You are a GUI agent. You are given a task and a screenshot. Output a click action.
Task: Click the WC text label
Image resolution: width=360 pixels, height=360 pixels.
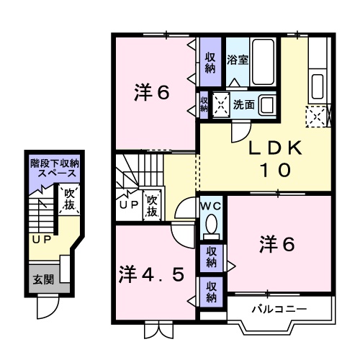click(211, 205)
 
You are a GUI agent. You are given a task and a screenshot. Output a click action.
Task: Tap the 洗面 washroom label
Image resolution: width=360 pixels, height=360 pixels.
click(243, 104)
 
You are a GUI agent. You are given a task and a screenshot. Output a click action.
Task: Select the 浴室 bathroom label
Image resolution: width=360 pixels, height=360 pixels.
click(238, 60)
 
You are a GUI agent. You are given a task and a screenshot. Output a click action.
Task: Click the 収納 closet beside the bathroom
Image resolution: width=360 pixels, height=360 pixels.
click(210, 62)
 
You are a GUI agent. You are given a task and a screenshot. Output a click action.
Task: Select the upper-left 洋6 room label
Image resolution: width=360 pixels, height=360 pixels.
click(152, 93)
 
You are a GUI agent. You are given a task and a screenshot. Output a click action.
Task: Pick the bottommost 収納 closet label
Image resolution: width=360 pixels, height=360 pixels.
click(212, 292)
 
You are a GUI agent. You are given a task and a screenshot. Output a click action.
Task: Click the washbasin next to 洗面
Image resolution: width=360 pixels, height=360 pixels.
click(266, 104)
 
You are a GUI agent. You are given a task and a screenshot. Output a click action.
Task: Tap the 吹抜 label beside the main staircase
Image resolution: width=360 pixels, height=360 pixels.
click(152, 207)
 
